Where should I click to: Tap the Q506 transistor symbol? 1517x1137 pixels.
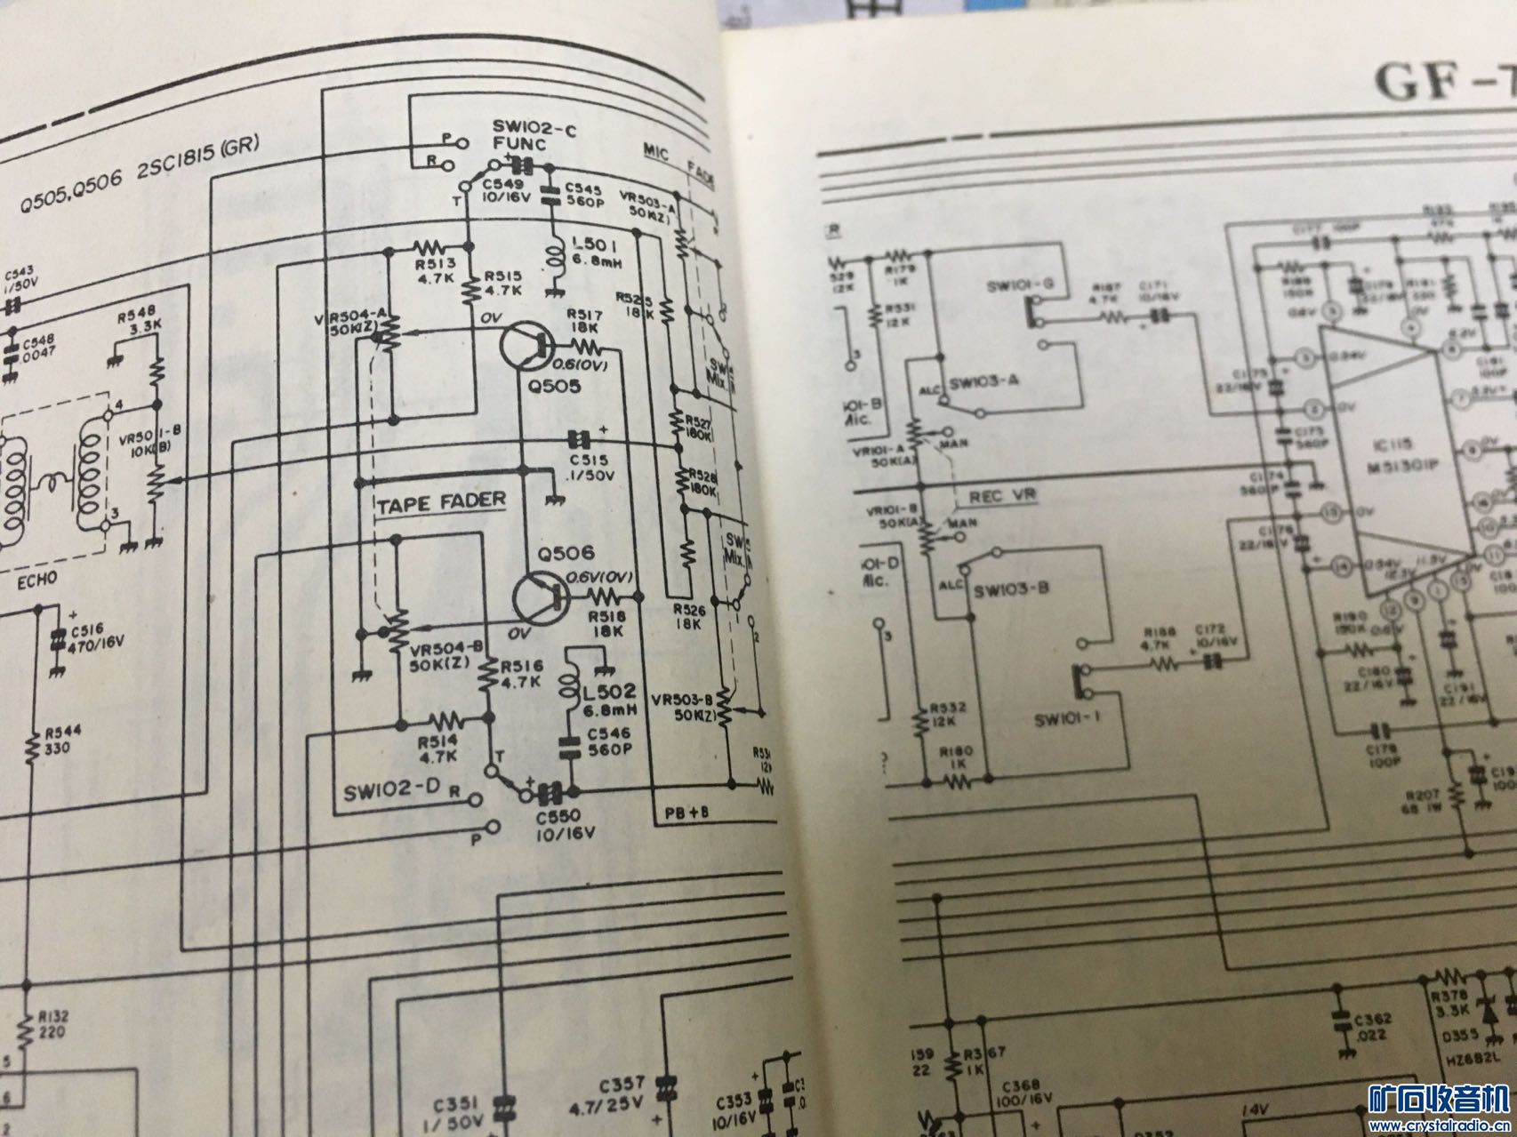coord(541,602)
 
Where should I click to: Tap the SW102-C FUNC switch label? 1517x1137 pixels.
coord(534,139)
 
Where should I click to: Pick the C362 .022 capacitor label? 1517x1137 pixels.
coord(1372,1026)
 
